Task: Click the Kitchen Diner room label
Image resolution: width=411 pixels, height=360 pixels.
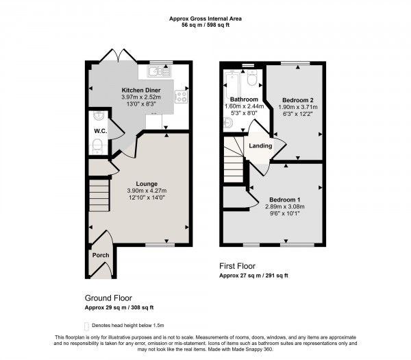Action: pyautogui.click(x=140, y=90)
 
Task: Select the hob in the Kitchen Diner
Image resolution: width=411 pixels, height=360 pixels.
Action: pyautogui.click(x=182, y=97)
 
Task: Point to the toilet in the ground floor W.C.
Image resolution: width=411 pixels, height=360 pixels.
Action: pyautogui.click(x=97, y=145)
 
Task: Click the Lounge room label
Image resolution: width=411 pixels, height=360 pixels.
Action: pyautogui.click(x=147, y=183)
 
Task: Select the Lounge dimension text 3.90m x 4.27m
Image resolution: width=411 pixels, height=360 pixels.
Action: pyautogui.click(x=147, y=191)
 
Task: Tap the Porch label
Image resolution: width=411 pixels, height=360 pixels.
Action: pyautogui.click(x=100, y=256)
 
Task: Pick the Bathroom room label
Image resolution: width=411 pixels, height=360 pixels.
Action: pyautogui.click(x=243, y=99)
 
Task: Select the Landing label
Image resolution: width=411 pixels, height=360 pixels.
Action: pyautogui.click(x=260, y=145)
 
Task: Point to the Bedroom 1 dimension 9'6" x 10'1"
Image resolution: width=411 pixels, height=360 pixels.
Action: pyautogui.click(x=285, y=213)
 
